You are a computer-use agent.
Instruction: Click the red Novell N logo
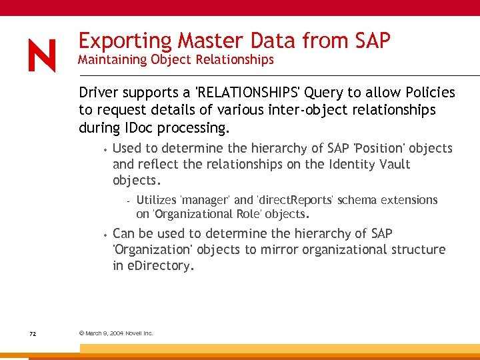tap(42, 55)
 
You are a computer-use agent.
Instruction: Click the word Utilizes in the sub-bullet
tap(156, 200)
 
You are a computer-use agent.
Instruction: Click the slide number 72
tap(33, 333)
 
